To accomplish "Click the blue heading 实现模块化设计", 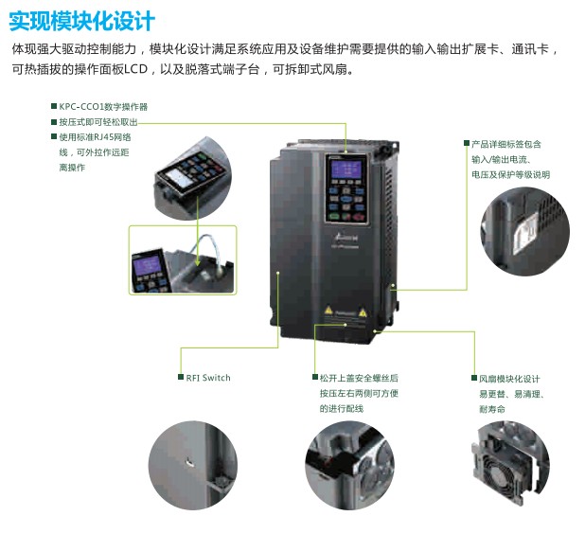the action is tap(81, 21).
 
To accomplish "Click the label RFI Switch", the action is tap(208, 378).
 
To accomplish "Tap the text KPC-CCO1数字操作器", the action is tap(103, 107).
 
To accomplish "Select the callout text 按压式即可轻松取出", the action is tap(98, 122).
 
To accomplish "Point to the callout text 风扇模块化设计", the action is tap(509, 379).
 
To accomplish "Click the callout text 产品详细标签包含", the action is tap(506, 144).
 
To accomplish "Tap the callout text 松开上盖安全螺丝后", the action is tap(359, 378).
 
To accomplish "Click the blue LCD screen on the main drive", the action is tap(346, 170).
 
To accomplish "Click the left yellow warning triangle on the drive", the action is tap(328, 310).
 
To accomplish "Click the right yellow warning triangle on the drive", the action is tap(363, 311).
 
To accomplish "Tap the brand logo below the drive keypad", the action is tap(345, 238).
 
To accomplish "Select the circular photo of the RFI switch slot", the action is tap(193, 465).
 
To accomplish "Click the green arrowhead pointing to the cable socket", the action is tap(197, 262).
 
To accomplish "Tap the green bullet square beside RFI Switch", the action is tap(181, 377).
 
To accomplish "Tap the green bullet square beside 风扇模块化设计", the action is tap(474, 378).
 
